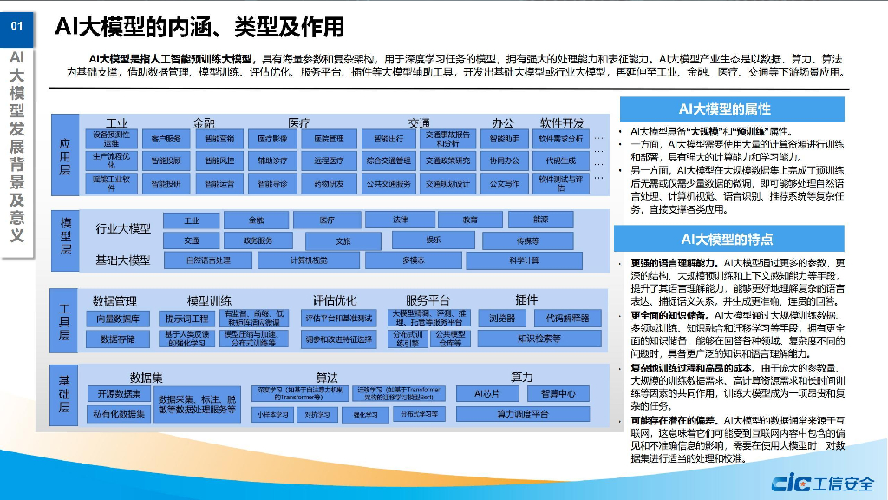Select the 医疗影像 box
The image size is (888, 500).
click(272, 139)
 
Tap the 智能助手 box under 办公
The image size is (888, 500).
click(504, 139)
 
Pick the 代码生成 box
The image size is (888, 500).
click(561, 161)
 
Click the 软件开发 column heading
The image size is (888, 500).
click(562, 122)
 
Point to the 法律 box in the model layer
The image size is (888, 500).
click(400, 220)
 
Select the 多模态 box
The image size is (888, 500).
click(413, 260)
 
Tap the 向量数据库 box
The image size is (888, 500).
click(118, 319)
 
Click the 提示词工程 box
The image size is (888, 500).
click(186, 319)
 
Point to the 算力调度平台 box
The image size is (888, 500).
click(523, 414)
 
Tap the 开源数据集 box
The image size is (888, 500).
click(118, 394)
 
